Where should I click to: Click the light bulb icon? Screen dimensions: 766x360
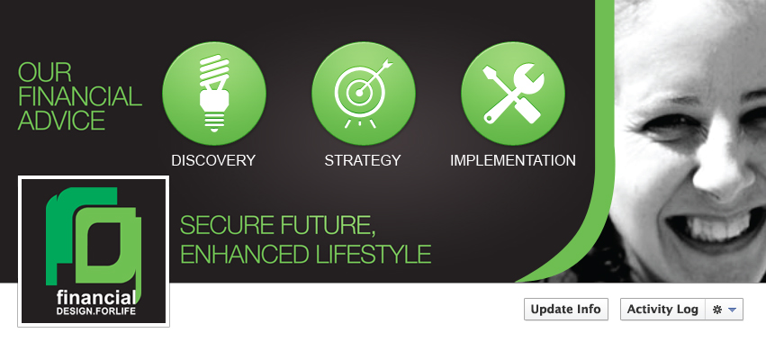[x=214, y=94]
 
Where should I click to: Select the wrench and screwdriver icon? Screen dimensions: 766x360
[x=512, y=94]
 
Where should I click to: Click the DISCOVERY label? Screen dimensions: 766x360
[x=213, y=160]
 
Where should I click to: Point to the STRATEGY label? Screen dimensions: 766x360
[x=363, y=160]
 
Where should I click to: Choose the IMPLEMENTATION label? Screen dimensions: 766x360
[x=513, y=160]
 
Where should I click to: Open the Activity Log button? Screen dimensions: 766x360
[x=662, y=310]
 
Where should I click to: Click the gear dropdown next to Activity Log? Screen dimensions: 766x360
[x=725, y=310]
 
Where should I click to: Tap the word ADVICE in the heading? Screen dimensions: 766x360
[x=61, y=121]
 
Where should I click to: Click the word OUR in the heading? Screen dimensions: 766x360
[x=44, y=72]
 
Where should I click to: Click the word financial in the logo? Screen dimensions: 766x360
[x=95, y=298]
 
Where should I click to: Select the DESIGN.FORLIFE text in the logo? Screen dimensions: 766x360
[x=95, y=311]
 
